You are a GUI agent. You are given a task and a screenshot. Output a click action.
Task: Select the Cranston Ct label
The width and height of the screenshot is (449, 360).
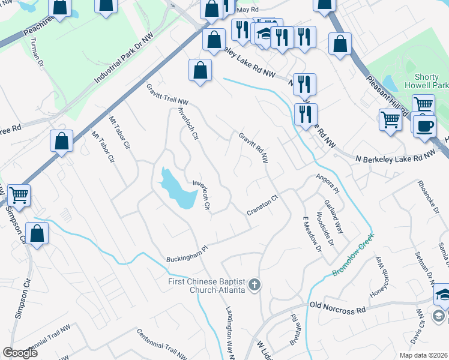pyautogui.click(x=263, y=205)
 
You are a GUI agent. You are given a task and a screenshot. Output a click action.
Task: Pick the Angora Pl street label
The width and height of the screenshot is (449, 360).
pyautogui.click(x=327, y=182)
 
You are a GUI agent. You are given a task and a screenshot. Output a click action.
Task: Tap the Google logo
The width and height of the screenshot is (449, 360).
pyautogui.click(x=20, y=353)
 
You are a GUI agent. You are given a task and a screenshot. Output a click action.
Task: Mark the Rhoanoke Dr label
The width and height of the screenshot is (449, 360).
pyautogui.click(x=427, y=200)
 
